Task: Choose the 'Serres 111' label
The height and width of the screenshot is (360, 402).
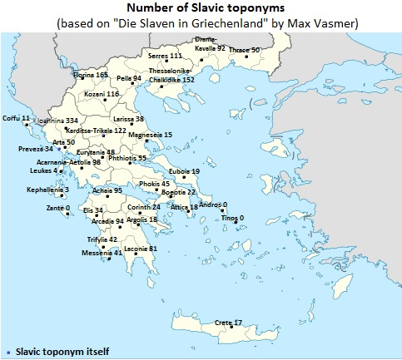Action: [x=165, y=55]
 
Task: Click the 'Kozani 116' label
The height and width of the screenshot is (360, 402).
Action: [x=102, y=95]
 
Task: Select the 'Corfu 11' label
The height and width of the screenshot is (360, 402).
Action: [x=17, y=119]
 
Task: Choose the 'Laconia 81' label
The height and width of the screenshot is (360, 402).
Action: [x=140, y=249]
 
